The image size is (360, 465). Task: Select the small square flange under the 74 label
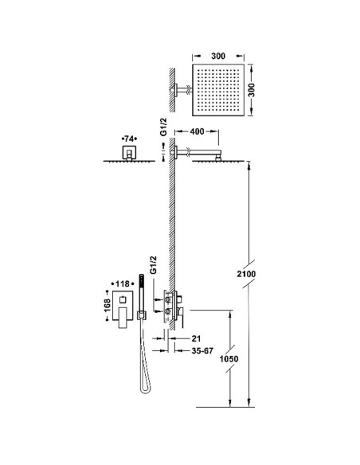pos(127,151)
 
